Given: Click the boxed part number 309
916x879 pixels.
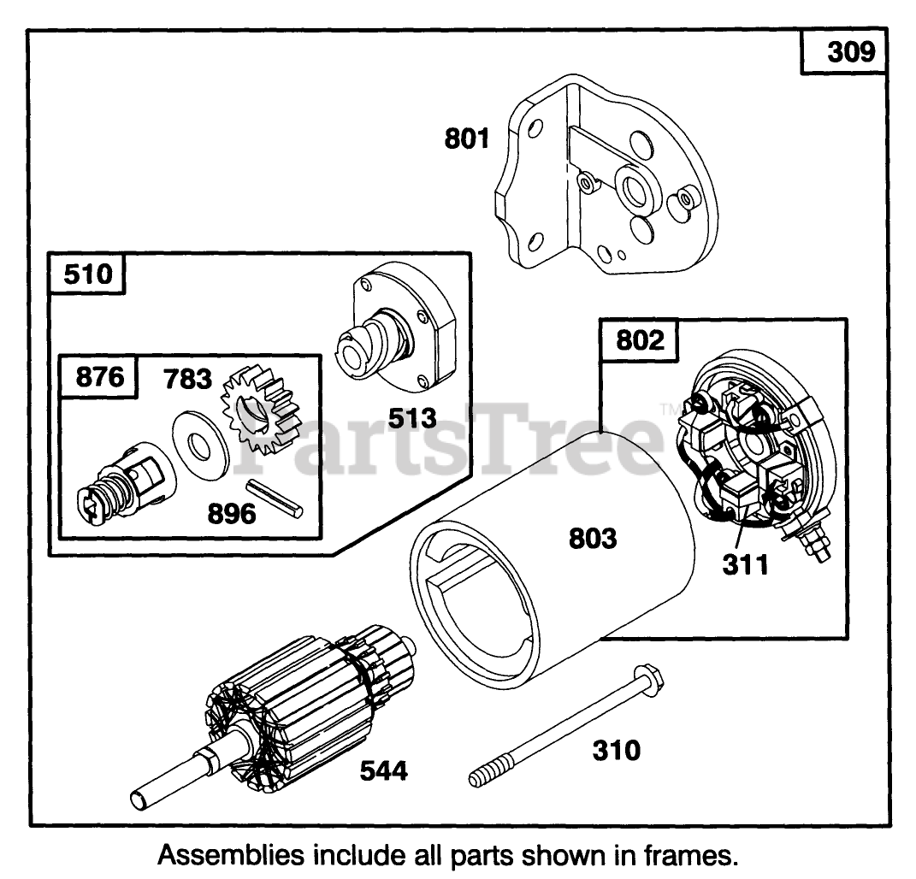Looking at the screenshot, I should tap(850, 53).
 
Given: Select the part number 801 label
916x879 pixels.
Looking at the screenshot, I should tap(466, 138).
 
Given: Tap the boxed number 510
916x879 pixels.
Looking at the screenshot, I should tap(87, 275).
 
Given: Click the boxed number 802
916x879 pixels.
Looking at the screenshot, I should tap(640, 340).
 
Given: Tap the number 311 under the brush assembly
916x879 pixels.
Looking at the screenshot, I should tap(745, 564).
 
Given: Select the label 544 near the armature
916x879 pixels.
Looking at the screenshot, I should tap(383, 770).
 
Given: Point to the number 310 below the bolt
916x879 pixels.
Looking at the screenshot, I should tap(615, 751).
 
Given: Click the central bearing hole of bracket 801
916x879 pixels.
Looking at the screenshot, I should tap(635, 186).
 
